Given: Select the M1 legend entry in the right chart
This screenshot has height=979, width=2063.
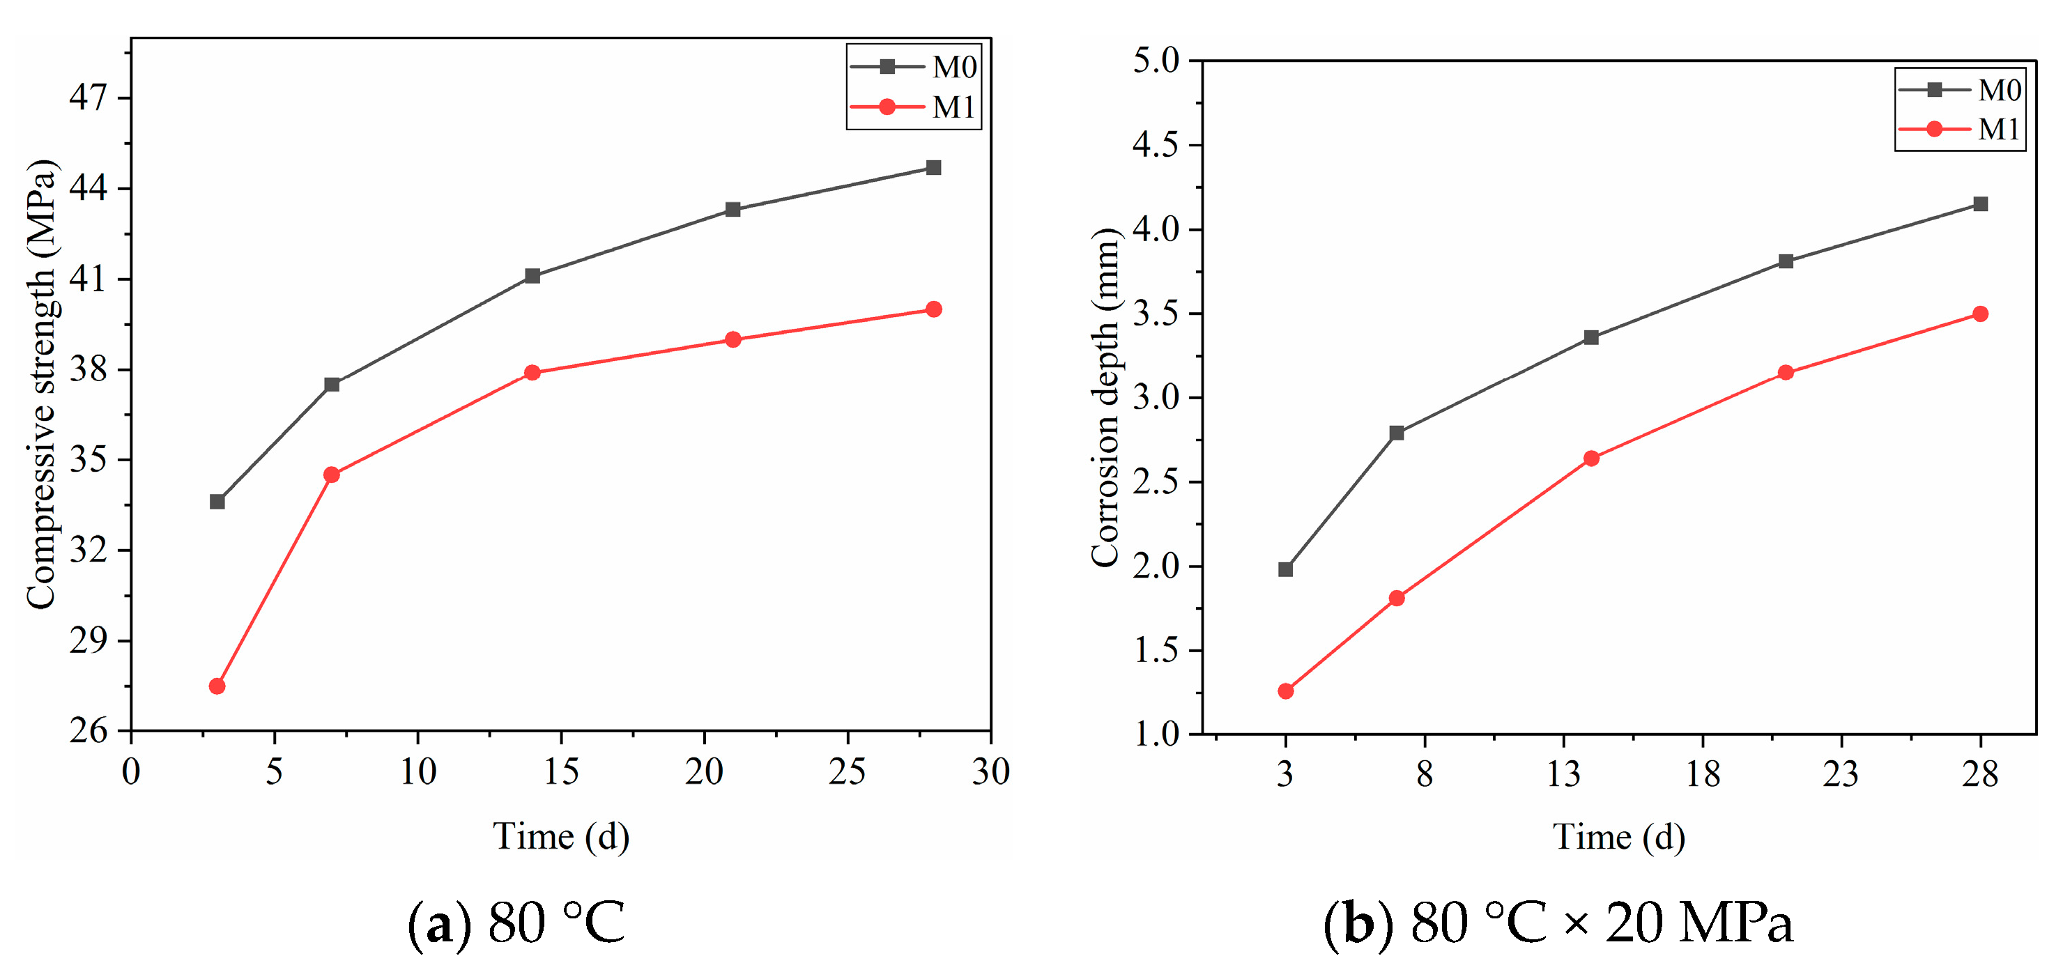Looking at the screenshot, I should tap(1960, 129).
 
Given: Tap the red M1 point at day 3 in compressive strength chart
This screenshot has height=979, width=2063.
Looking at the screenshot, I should tap(217, 686).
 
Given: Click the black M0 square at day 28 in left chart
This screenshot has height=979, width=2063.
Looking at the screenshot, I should tap(933, 167).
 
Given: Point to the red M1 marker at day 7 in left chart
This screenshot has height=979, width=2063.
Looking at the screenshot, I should tap(332, 475).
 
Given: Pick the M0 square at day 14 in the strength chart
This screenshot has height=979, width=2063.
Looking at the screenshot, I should tap(532, 276).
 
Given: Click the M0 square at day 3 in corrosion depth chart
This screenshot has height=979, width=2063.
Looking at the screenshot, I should tap(1285, 570).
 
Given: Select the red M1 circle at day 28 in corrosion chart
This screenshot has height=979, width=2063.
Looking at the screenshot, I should tap(1981, 314).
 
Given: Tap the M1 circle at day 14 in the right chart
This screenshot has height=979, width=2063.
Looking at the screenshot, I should tap(1591, 458).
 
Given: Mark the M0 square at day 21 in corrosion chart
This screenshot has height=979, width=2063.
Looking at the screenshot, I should tap(1786, 262).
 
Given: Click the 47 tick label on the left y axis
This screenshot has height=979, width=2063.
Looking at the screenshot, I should tap(88, 98).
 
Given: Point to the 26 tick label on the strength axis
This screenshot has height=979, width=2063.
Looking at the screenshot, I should tap(88, 730).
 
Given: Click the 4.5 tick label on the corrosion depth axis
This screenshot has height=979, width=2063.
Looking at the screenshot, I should tap(1156, 145).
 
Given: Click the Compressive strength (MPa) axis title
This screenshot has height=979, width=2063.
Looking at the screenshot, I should tap(42, 384).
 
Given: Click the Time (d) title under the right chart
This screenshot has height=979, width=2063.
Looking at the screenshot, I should tap(1618, 838).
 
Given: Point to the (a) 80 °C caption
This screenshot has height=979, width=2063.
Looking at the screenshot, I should tap(516, 923).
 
